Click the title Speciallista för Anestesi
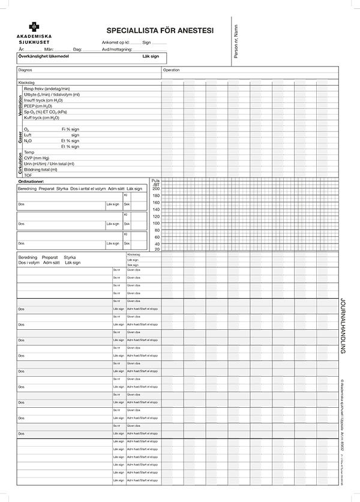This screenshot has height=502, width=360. [160, 30]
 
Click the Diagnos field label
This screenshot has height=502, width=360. [25, 70]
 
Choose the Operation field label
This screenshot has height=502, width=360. [172, 70]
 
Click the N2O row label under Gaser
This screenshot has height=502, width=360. [28, 140]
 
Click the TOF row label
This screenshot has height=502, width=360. [28, 175]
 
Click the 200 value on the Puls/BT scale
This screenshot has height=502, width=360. [156, 189]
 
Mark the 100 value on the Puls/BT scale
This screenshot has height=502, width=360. [156, 223]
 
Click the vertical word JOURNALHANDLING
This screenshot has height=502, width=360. [342, 326]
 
